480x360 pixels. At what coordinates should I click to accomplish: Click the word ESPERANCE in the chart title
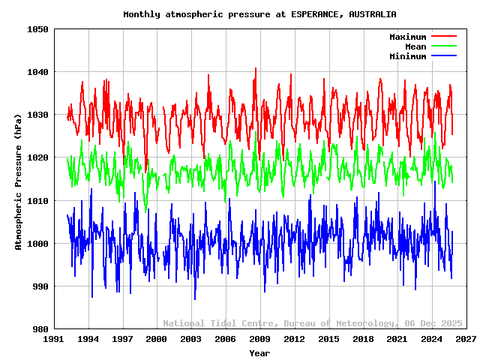[319, 14]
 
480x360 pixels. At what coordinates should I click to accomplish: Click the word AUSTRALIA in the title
[373, 14]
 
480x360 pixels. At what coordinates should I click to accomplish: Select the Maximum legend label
[407, 37]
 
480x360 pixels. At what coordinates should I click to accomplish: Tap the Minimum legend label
[407, 56]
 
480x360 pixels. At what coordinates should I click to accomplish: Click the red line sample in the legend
[443, 37]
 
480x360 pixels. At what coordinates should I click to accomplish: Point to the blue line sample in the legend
[443, 56]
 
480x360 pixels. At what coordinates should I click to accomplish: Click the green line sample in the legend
[443, 46]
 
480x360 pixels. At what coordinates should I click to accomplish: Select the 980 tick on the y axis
[40, 329]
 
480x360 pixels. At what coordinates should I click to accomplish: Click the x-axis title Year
[259, 352]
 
